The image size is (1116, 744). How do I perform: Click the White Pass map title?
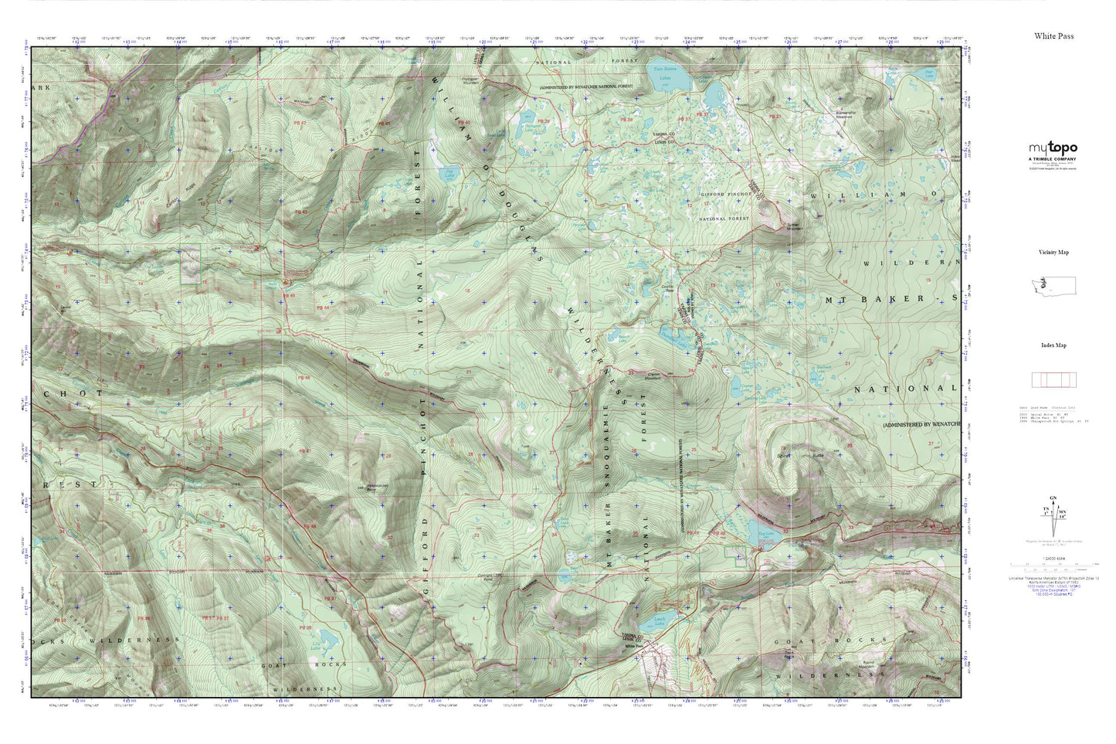pyautogui.click(x=1053, y=36)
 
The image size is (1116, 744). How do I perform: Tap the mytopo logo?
pyautogui.click(x=1052, y=148)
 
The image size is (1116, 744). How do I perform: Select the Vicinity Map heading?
pyautogui.click(x=1053, y=253)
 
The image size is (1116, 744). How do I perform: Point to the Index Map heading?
pyautogui.click(x=1053, y=345)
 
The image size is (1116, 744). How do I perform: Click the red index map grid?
pyautogui.click(x=1053, y=379)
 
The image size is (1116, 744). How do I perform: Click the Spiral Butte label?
pyautogui.click(x=803, y=457)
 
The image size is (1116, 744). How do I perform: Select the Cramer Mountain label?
pyautogui.click(x=654, y=375)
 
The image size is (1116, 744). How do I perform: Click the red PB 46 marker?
pyautogui.click(x=303, y=378)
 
